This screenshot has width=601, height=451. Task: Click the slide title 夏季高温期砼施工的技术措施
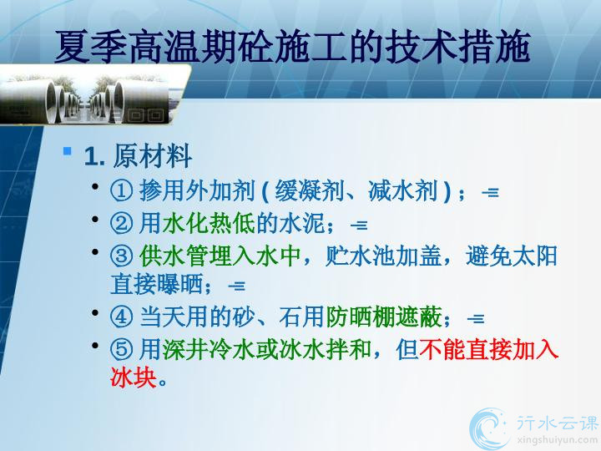[x=292, y=47]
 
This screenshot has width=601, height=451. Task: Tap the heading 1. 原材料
[x=138, y=156]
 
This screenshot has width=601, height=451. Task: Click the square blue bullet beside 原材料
[x=68, y=151]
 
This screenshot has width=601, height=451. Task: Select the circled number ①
[x=122, y=190]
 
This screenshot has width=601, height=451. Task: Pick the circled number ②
[x=122, y=223]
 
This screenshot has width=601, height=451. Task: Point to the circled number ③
[x=122, y=256]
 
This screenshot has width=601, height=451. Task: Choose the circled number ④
[x=122, y=317]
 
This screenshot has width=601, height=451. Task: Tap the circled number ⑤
[x=122, y=349]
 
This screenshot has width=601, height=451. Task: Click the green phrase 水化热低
[x=209, y=223]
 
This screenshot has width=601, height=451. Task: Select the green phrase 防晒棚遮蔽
[x=384, y=317]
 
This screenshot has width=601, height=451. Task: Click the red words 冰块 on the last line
[x=134, y=378]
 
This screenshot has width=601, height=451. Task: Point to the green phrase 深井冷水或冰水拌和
[x=267, y=349]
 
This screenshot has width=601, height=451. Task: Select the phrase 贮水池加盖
[x=383, y=256]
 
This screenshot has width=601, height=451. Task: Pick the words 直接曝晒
[x=156, y=285]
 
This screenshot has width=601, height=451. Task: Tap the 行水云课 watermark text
[x=557, y=423]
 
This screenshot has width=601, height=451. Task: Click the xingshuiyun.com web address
[x=557, y=439]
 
